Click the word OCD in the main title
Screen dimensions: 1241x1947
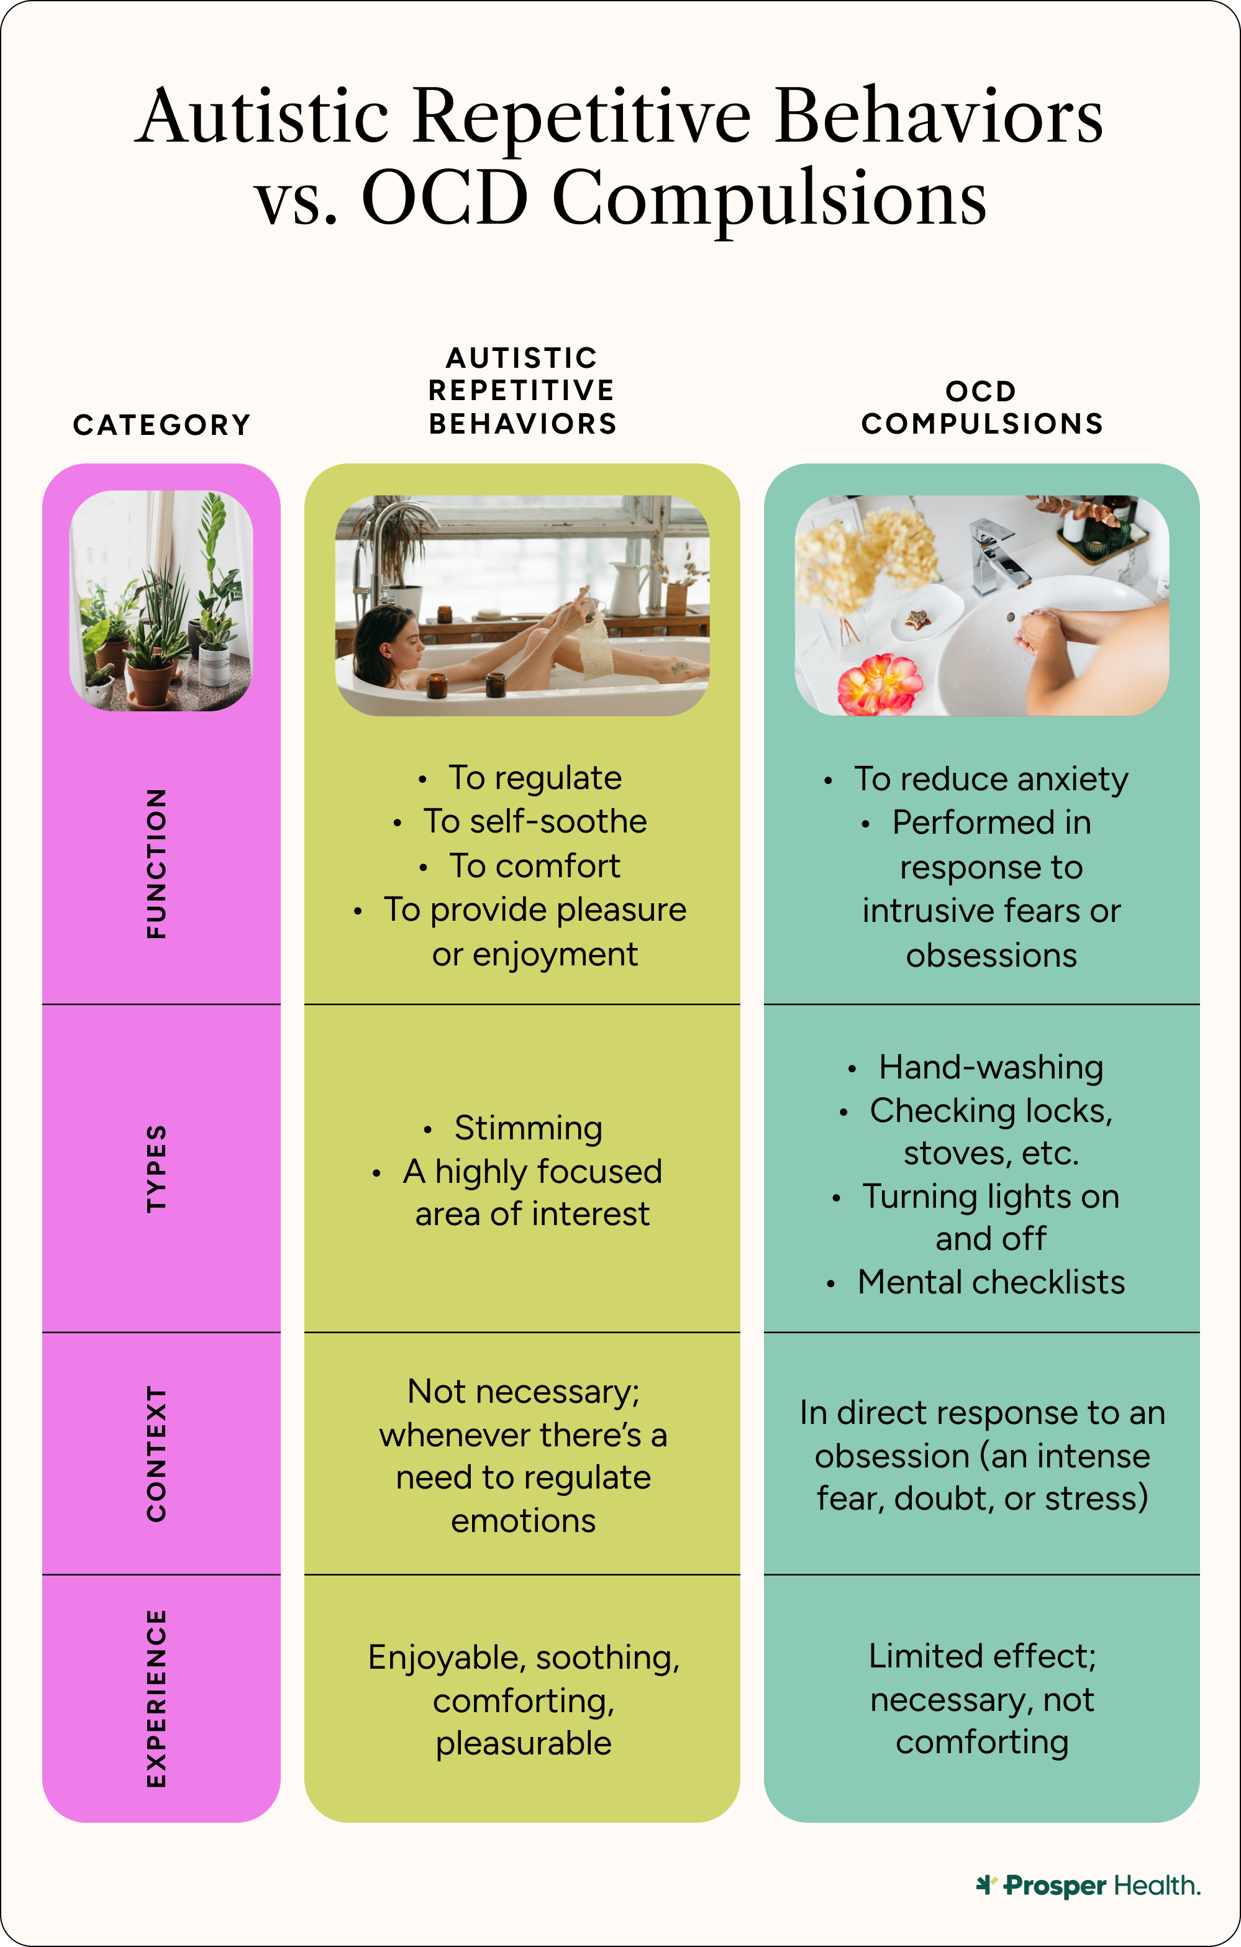(x=445, y=198)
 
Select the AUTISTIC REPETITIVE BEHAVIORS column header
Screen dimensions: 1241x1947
(x=522, y=391)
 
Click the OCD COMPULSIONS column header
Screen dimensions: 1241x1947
(x=982, y=408)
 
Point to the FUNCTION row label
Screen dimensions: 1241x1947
(x=156, y=864)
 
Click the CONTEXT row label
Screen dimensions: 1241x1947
(x=156, y=1453)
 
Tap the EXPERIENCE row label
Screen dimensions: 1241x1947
(x=156, y=1698)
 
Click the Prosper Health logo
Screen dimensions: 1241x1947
(x=1088, y=1885)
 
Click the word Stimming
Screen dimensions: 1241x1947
(x=528, y=1128)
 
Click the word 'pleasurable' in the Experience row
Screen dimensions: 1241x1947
(x=524, y=1744)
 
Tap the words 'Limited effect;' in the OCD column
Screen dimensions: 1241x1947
(x=982, y=1656)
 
